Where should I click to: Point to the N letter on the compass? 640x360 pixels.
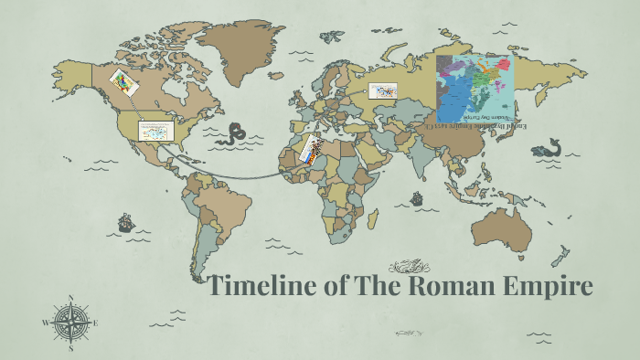[70, 298]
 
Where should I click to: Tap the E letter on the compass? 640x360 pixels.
[95, 323]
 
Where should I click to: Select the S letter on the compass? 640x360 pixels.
[70, 347]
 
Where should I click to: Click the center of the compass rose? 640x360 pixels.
[70, 323]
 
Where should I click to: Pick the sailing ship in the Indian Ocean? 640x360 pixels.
[417, 197]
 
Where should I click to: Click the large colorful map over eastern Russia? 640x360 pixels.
[475, 88]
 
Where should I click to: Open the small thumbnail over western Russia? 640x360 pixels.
[383, 90]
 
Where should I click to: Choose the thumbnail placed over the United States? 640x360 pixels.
[156, 131]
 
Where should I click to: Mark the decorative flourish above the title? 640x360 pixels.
[409, 267]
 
